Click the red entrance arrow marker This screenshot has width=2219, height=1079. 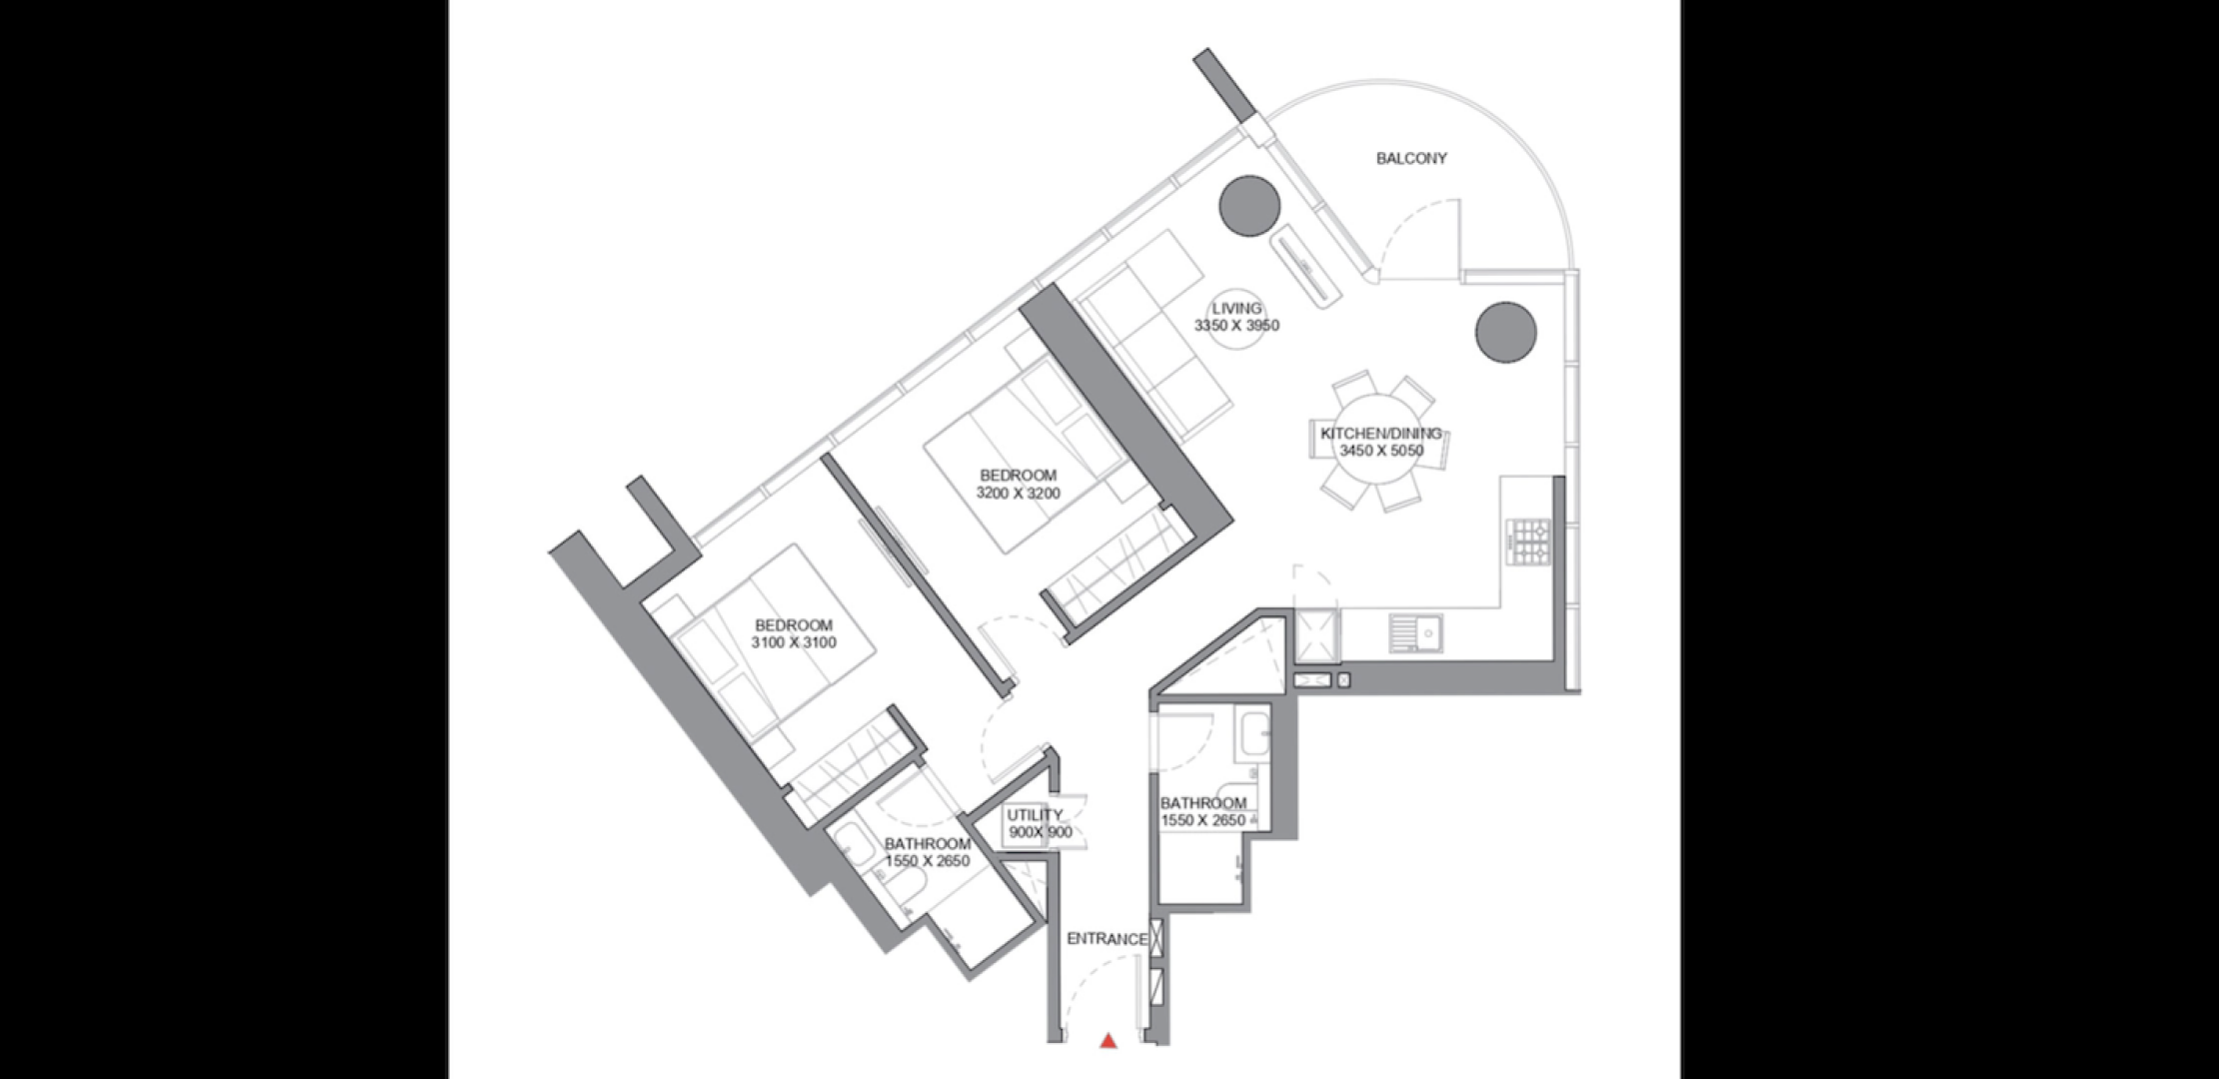tap(1108, 1041)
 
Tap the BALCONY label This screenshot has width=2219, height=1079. tap(1411, 158)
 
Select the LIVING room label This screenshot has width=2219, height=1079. tap(1236, 308)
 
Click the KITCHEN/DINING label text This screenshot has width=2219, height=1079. tap(1381, 433)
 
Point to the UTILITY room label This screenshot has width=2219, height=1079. tap(1035, 814)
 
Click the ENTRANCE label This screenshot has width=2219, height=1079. tap(1107, 939)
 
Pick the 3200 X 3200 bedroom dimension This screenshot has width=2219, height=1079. tap(1018, 493)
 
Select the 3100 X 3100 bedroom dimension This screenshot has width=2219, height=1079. tap(794, 642)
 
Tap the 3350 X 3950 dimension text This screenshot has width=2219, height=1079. tap(1236, 325)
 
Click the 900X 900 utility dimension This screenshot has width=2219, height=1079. tap(1040, 832)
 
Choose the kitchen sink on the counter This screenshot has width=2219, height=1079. tap(1415, 633)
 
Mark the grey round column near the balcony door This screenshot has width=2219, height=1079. tap(1249, 206)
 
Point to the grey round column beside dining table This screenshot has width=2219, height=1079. tap(1505, 332)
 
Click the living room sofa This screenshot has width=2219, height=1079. tap(1154, 336)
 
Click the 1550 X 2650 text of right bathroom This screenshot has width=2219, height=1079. tap(1203, 820)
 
